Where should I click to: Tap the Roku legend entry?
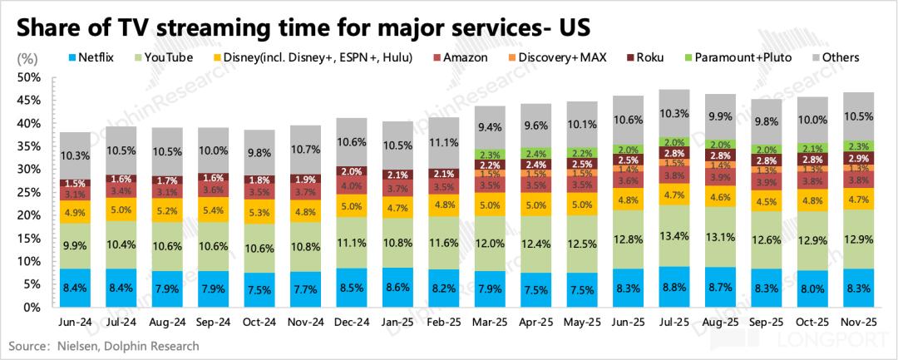[x=656, y=57]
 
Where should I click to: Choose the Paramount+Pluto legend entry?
[x=743, y=57]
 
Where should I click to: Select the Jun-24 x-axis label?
[x=75, y=321]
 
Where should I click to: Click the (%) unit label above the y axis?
[x=27, y=58]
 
